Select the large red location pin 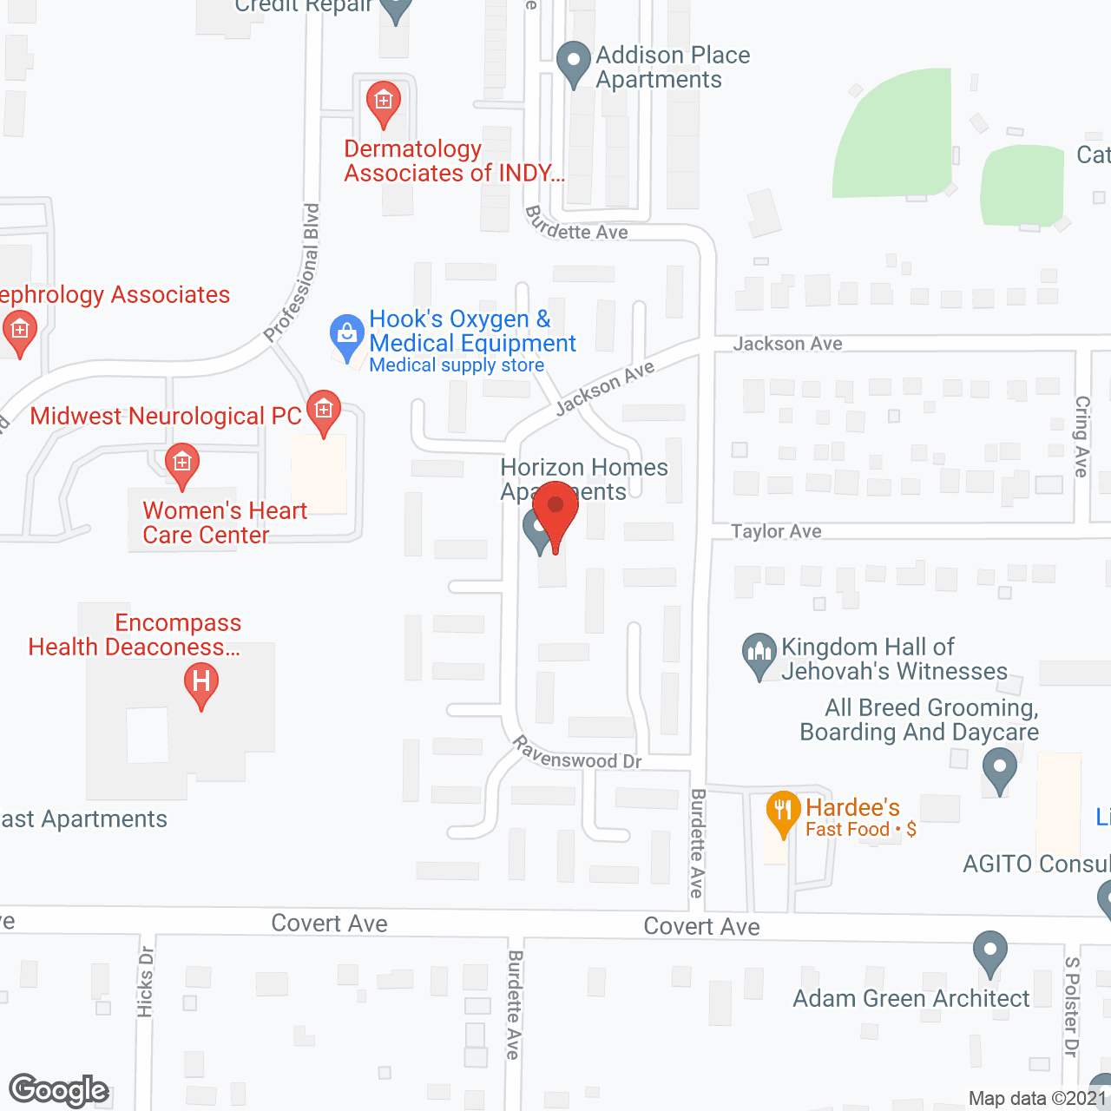click(x=555, y=512)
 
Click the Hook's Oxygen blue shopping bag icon click(x=347, y=335)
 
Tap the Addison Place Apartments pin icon click(x=573, y=62)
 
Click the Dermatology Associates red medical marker click(x=383, y=102)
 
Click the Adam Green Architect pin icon click(x=989, y=951)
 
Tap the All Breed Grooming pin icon click(x=999, y=769)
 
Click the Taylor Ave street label click(x=776, y=531)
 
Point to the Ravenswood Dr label click(x=576, y=753)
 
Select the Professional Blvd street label click(x=293, y=273)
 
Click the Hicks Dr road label click(x=145, y=981)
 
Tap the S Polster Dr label click(x=1072, y=1007)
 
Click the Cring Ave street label click(x=1081, y=436)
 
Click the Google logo click(x=59, y=1090)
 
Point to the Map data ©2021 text click(x=1038, y=1099)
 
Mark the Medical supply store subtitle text click(x=457, y=365)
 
